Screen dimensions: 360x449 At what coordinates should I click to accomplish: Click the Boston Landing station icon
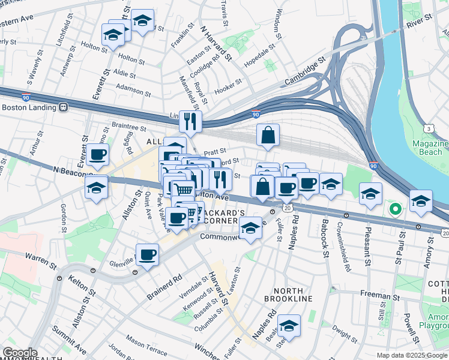click(64, 108)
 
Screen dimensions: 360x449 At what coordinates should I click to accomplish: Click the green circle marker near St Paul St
click(395, 209)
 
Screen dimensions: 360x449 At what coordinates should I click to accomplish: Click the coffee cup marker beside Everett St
click(97, 155)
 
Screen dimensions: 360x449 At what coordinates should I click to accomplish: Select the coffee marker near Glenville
click(147, 254)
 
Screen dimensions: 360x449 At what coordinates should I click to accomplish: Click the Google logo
click(20, 353)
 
